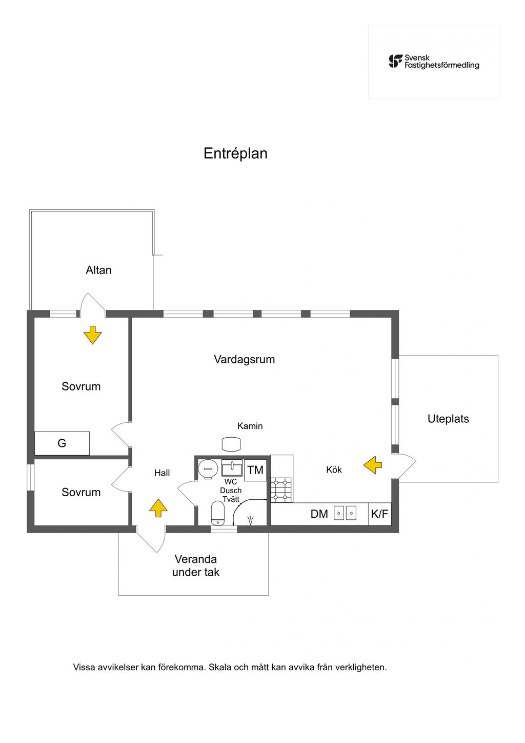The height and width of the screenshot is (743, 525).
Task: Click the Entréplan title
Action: click(x=235, y=153)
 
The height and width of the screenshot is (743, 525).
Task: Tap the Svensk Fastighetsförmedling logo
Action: click(x=434, y=62)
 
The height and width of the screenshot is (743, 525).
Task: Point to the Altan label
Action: click(x=98, y=270)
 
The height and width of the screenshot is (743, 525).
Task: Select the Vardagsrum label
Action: click(x=244, y=359)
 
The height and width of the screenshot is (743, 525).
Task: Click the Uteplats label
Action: click(x=448, y=419)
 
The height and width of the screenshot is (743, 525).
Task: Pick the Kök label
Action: click(x=334, y=470)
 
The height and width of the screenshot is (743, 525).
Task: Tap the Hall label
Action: click(x=162, y=473)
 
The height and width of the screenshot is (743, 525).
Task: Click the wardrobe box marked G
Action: click(x=62, y=443)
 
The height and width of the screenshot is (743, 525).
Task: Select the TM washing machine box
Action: click(x=255, y=470)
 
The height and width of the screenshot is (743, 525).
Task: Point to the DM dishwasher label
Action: click(x=319, y=514)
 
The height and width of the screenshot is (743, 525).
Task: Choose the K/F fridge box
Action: click(x=379, y=514)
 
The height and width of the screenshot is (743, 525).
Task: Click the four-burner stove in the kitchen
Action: click(x=281, y=490)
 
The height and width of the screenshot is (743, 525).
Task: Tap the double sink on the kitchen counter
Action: click(x=345, y=513)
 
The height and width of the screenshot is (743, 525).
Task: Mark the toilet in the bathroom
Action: click(x=217, y=513)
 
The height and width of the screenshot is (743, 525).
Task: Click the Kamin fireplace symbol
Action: click(x=231, y=444)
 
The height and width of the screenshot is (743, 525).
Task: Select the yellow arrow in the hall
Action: click(x=158, y=508)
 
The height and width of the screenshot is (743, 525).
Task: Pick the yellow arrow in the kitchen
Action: click(x=373, y=465)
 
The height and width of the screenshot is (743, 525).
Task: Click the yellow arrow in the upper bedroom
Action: click(x=92, y=335)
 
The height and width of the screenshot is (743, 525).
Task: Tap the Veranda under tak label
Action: click(x=195, y=565)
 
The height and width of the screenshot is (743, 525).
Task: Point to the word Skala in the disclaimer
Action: click(x=220, y=667)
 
